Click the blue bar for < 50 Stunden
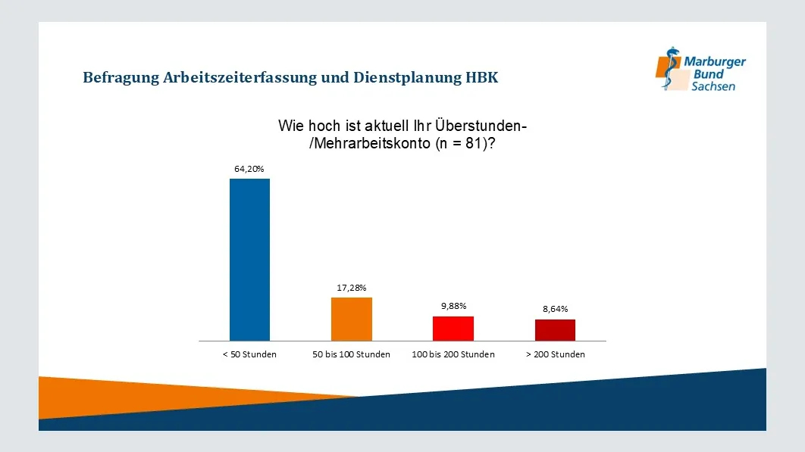coord(249,260)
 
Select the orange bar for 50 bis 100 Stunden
coord(352,319)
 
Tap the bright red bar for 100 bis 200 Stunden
coord(453,329)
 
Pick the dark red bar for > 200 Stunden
coord(555,330)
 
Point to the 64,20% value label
coord(249,169)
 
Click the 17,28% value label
coord(352,288)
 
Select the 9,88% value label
coord(453,306)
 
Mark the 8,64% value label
coord(555,309)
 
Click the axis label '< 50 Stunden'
coord(249,354)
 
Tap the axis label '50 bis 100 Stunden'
coord(352,354)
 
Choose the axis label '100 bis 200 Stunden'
coord(453,354)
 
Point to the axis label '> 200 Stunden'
coord(555,354)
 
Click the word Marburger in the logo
coord(715,62)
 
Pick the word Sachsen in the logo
coord(713,87)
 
